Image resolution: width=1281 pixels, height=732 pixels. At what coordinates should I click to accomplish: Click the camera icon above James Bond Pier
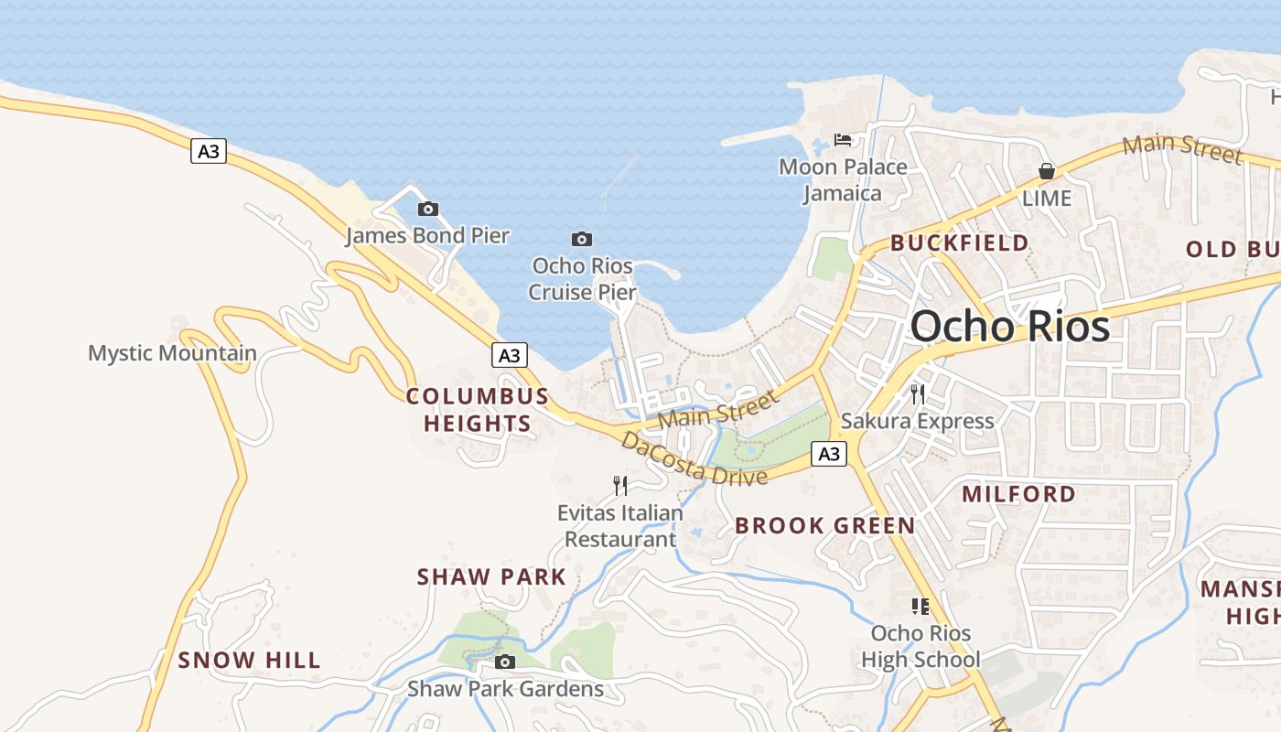[427, 209]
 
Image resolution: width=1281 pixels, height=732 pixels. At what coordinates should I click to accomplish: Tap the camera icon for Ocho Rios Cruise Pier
[581, 240]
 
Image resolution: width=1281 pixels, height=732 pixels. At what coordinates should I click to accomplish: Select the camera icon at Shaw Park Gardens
[504, 662]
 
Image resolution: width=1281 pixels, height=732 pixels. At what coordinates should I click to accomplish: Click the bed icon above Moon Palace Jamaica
[843, 140]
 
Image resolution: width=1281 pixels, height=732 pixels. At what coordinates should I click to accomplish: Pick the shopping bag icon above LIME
[1047, 171]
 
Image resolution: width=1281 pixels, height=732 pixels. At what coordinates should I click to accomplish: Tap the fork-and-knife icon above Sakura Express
[918, 394]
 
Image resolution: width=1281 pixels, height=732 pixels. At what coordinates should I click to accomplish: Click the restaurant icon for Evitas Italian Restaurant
[620, 485]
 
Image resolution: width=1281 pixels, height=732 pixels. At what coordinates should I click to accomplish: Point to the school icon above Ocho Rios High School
[920, 606]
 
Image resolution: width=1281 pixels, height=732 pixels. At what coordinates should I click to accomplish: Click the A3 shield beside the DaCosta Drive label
[828, 454]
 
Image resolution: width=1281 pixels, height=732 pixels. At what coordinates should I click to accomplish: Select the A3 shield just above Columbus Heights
[510, 355]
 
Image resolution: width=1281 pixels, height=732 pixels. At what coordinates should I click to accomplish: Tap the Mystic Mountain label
[172, 353]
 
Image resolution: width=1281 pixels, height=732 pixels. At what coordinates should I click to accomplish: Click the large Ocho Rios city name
[1010, 327]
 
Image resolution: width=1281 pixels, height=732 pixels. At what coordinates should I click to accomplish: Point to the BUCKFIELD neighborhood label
[960, 243]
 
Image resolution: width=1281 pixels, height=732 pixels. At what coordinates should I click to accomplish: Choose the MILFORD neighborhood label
[1019, 494]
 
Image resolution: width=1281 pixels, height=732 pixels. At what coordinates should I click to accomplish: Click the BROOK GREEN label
[824, 525]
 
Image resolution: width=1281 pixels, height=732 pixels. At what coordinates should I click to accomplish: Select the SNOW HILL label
[249, 660]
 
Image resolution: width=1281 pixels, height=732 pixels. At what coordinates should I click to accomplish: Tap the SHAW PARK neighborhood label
[491, 577]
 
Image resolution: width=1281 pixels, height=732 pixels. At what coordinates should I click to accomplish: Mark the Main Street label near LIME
[1182, 148]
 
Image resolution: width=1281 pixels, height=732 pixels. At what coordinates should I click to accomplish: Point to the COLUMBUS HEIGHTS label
[477, 410]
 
